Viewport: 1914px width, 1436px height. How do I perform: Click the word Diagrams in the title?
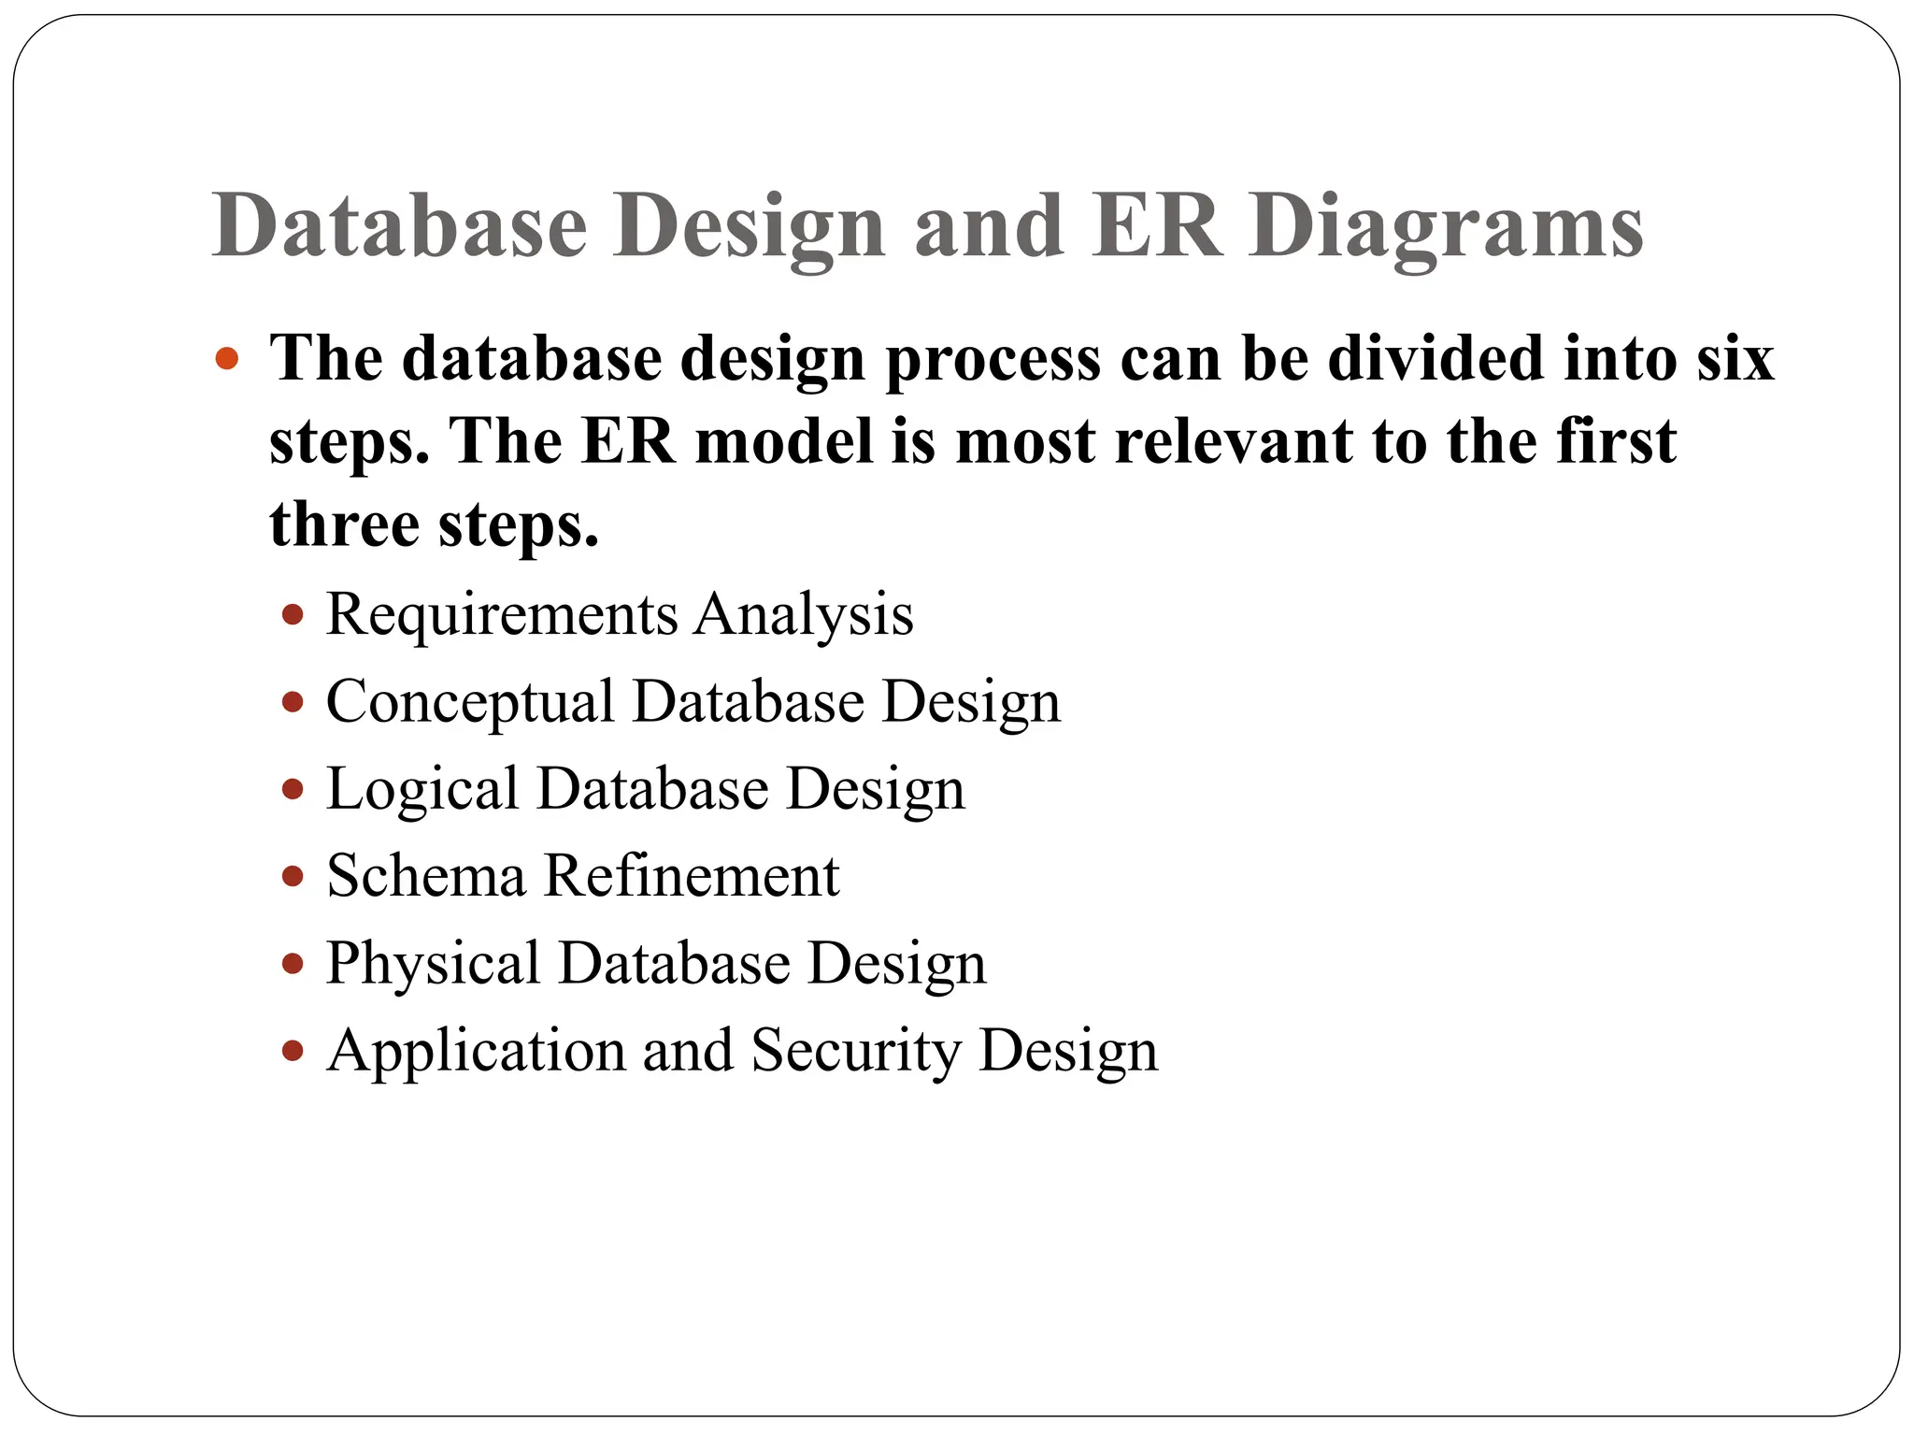click(1447, 227)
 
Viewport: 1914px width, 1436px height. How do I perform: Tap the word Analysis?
click(804, 614)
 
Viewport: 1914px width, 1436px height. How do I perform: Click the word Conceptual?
click(470, 701)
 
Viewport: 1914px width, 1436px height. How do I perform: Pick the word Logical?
click(422, 789)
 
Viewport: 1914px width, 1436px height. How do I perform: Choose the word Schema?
click(426, 876)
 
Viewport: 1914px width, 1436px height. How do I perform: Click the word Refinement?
click(692, 876)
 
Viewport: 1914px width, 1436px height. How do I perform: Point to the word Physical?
click(433, 963)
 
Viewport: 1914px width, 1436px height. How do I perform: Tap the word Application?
click(476, 1051)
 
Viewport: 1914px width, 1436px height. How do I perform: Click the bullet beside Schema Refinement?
click(293, 877)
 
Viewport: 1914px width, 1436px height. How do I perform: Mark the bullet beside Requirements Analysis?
click(293, 615)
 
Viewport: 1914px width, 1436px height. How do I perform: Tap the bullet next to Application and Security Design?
click(293, 1051)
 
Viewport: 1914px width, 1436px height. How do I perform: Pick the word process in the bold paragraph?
click(993, 360)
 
